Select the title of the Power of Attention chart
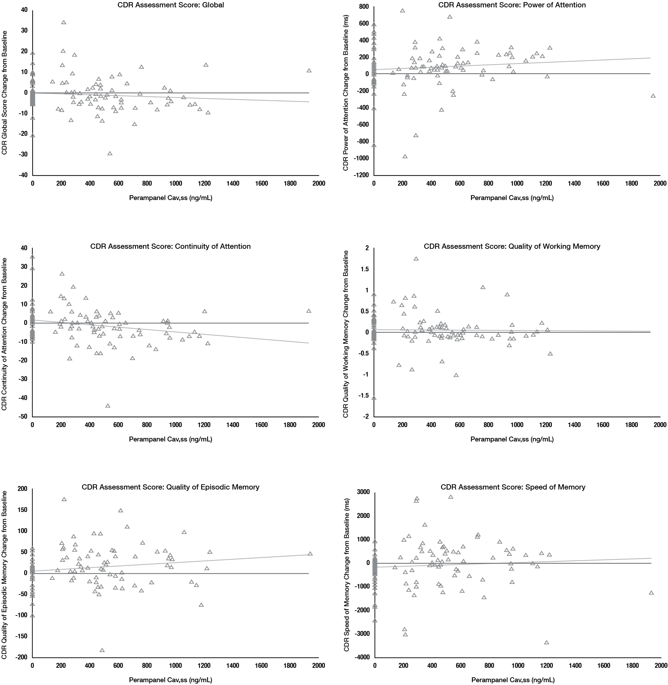(512, 5)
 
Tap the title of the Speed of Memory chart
(513, 487)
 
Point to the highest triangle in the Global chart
(64, 22)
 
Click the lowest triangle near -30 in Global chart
(110, 153)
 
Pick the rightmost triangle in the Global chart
(309, 71)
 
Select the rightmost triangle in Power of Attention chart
(653, 96)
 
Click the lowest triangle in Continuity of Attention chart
(108, 406)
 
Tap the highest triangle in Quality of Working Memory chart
(416, 259)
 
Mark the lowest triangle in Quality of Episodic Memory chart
(102, 650)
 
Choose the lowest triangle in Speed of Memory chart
(546, 643)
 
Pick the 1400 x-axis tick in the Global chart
(233, 184)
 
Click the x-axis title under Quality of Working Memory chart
(512, 439)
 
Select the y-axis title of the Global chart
(5, 93)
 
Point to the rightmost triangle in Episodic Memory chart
(310, 554)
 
